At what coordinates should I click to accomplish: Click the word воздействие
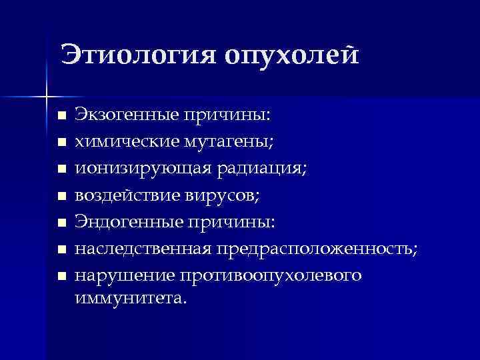point(127,195)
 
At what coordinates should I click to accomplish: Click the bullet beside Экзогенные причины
point(61,116)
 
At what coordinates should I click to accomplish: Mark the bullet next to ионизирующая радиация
point(61,169)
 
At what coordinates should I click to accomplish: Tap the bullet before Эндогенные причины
point(61,223)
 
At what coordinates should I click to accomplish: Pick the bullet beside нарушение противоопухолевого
point(61,276)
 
